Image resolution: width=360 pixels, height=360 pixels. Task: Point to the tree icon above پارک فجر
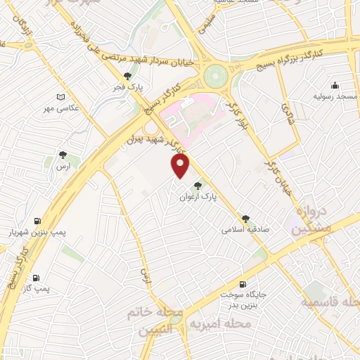tap(127, 77)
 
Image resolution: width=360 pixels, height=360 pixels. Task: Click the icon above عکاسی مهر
tap(61, 96)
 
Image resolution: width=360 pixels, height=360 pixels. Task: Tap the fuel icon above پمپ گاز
tap(36, 278)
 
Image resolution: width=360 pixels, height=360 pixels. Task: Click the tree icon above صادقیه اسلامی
tap(245, 219)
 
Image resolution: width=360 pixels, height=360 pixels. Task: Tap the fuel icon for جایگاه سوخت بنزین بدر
tap(243, 284)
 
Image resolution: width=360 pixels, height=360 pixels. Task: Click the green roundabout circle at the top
tap(216, 73)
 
